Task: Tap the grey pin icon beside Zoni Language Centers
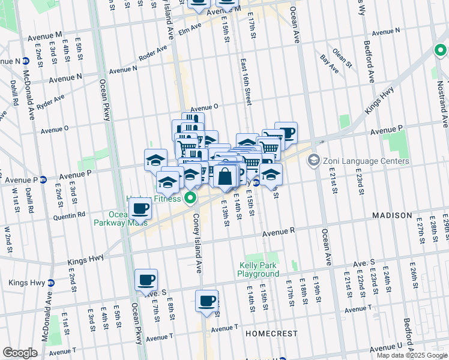(x=313, y=161)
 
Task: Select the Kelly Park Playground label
(x=259, y=269)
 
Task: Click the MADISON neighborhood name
(x=392, y=215)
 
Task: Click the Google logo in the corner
(x=20, y=353)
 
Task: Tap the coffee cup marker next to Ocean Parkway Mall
(x=140, y=209)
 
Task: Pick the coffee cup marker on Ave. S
(x=146, y=280)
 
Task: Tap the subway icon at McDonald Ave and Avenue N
(x=26, y=61)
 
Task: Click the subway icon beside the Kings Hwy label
(x=51, y=283)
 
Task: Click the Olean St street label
(x=340, y=56)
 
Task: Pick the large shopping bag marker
(x=225, y=177)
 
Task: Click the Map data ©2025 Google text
(x=412, y=355)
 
